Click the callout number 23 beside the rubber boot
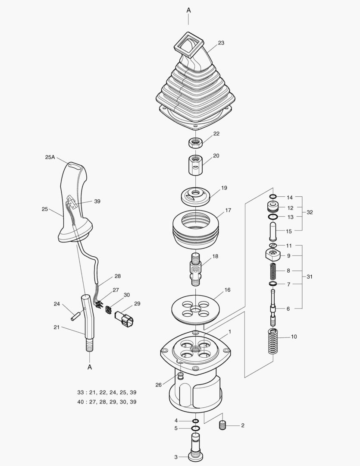[221, 43]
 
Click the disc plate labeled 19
[196, 195]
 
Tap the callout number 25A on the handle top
[50, 157]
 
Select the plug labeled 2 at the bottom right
[223, 425]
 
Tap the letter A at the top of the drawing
[188, 9]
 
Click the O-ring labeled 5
[195, 428]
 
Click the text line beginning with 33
[107, 393]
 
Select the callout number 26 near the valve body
[159, 384]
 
